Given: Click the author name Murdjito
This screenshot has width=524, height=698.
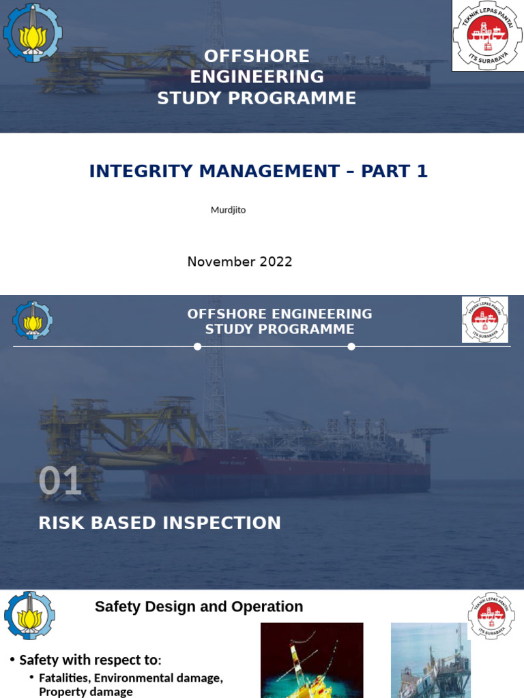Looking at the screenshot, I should point(228,210).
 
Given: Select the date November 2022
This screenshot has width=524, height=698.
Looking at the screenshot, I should point(239,262).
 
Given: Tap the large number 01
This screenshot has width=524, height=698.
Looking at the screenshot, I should point(60,481).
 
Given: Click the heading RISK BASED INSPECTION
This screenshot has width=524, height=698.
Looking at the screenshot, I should point(160,523).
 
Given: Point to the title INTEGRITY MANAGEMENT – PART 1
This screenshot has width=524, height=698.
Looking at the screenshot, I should point(258,172).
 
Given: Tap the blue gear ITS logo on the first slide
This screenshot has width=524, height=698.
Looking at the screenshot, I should point(32,33).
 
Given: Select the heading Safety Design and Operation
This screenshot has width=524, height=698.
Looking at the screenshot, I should point(199,607).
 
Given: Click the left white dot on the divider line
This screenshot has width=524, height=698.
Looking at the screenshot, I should point(197,346).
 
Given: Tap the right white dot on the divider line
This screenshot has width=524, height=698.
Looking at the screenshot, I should point(351,346).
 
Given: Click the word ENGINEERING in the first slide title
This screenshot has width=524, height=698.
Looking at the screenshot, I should point(257,76).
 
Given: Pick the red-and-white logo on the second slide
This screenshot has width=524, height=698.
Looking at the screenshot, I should point(484,319).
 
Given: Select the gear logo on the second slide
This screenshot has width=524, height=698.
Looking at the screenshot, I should point(32,320).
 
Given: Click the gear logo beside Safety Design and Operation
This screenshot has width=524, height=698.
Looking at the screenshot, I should point(29,615).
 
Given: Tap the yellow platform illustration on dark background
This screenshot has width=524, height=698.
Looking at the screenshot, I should point(312,660).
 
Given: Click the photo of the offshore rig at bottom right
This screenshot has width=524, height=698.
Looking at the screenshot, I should point(430,660).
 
